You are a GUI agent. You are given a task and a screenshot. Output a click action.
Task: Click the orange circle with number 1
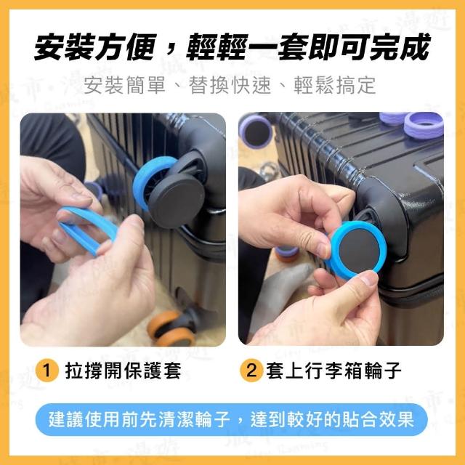[x=46, y=371]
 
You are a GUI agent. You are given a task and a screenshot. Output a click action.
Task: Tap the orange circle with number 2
[x=251, y=371]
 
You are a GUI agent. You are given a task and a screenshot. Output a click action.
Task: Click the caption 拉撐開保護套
[x=123, y=371]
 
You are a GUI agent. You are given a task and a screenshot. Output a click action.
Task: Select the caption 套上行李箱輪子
[x=333, y=371]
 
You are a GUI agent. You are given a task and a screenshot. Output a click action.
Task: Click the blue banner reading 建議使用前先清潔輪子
[x=231, y=419]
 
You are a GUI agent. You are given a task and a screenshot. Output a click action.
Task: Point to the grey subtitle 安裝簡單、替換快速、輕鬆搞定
[x=230, y=86]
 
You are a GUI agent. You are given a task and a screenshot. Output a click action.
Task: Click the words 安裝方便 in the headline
[x=95, y=46]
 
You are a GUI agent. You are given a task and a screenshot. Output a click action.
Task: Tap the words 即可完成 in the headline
[x=369, y=46]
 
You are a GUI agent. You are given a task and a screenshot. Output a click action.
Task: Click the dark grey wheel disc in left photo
[x=177, y=201]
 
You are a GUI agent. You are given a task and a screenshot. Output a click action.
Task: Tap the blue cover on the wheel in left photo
[x=148, y=181]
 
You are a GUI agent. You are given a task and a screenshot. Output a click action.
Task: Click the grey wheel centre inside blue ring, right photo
[x=360, y=248]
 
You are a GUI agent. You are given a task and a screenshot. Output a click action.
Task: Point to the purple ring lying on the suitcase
[x=424, y=126]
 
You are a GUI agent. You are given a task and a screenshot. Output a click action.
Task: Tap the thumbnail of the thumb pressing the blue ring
[x=368, y=279]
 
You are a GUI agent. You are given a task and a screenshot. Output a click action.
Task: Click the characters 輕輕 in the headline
[x=217, y=46]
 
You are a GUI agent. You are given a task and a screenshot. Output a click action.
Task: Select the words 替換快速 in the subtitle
[x=230, y=86]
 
